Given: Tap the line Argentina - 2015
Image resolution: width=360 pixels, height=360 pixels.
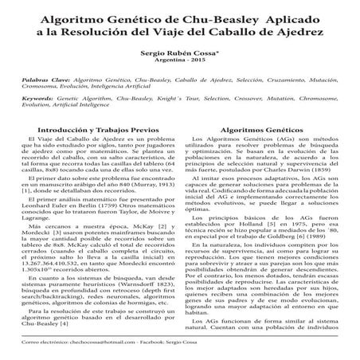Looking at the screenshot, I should pos(179,60).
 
